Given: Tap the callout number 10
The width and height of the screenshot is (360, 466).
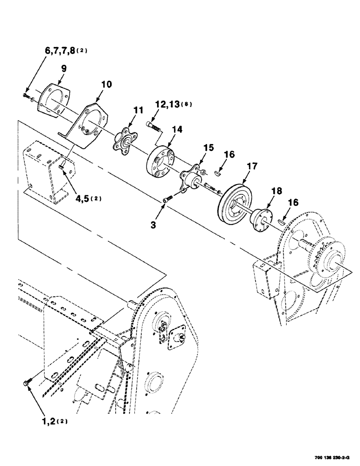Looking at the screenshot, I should click(106, 85).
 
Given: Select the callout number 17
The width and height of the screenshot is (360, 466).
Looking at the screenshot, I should click(252, 165).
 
